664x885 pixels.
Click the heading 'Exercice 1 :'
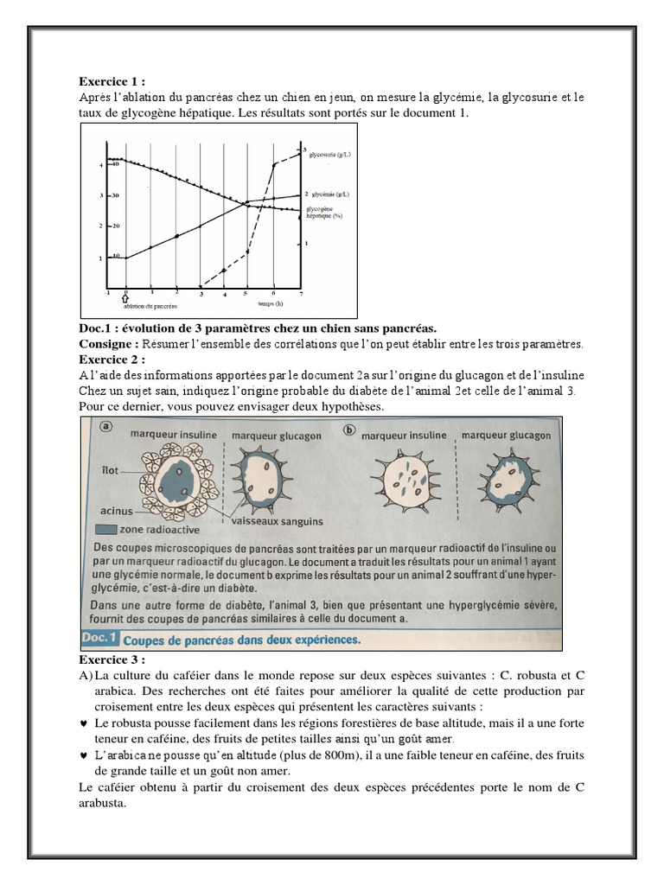108,84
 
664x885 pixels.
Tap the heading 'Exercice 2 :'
108,360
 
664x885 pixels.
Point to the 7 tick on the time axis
300,294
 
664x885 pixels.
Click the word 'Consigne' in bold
106,344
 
